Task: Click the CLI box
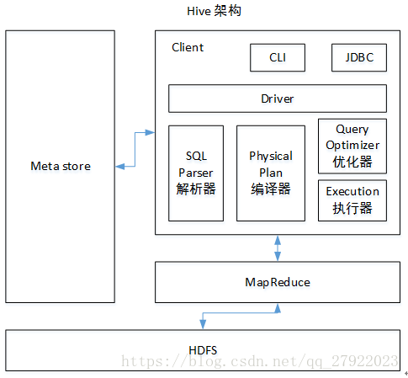pyautogui.click(x=278, y=58)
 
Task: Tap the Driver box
pyautogui.click(x=278, y=98)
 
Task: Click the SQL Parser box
pyautogui.click(x=197, y=173)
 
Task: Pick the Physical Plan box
pyautogui.click(x=271, y=173)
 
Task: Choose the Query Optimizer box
pyautogui.click(x=352, y=145)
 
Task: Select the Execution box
pyautogui.click(x=352, y=199)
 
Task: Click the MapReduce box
pyautogui.click(x=278, y=282)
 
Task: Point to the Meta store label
pyautogui.click(x=60, y=166)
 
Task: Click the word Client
pyautogui.click(x=188, y=47)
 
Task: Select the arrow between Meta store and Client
pyautogui.click(x=135, y=148)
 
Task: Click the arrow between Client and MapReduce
pyautogui.click(x=278, y=248)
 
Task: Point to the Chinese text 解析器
pyautogui.click(x=197, y=189)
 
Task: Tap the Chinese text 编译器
pyautogui.click(x=271, y=189)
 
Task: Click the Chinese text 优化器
pyautogui.click(x=352, y=161)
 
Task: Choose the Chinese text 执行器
pyautogui.click(x=352, y=207)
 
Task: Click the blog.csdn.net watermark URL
pyautogui.click(x=261, y=361)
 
